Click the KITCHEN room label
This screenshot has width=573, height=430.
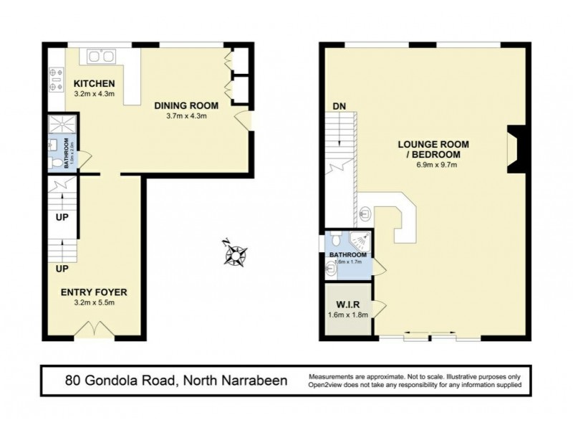coord(95,83)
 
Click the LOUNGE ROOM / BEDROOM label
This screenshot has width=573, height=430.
coord(429,148)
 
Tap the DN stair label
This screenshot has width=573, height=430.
coord(340,107)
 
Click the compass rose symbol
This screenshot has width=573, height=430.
coord(236,253)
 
